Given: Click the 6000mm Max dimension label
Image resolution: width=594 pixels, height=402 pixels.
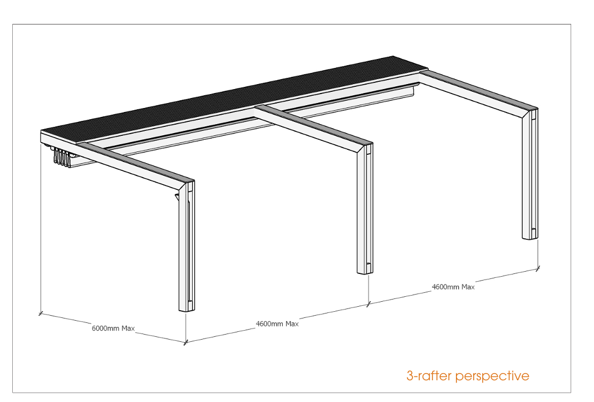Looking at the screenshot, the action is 113,328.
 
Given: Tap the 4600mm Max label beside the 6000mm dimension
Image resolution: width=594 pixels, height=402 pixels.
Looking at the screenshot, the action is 277,323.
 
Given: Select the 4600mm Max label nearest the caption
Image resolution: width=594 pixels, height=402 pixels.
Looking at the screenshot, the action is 454,287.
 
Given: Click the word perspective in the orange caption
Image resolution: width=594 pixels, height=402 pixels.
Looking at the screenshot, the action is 492,376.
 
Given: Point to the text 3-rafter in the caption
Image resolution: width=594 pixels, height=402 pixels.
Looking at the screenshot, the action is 429,376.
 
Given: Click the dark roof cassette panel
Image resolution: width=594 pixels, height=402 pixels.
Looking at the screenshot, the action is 235,99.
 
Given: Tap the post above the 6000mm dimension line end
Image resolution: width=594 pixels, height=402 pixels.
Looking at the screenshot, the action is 186,246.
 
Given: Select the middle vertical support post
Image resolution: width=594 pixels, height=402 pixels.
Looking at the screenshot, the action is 365,208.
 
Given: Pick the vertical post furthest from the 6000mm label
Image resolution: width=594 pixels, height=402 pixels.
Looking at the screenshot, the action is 531,174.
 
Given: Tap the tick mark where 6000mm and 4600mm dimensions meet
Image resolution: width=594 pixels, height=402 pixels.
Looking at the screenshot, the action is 185,343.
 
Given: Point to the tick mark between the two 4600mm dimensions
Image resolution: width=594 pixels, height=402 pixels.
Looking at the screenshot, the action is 368,304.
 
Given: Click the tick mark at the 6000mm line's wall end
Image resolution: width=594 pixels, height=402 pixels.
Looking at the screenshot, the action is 41,313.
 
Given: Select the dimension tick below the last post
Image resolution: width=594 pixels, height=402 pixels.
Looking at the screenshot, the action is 538,268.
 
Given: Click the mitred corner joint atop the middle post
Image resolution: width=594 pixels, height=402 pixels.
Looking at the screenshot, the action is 365,149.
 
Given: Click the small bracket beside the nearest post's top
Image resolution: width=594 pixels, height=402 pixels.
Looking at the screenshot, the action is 176,197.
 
